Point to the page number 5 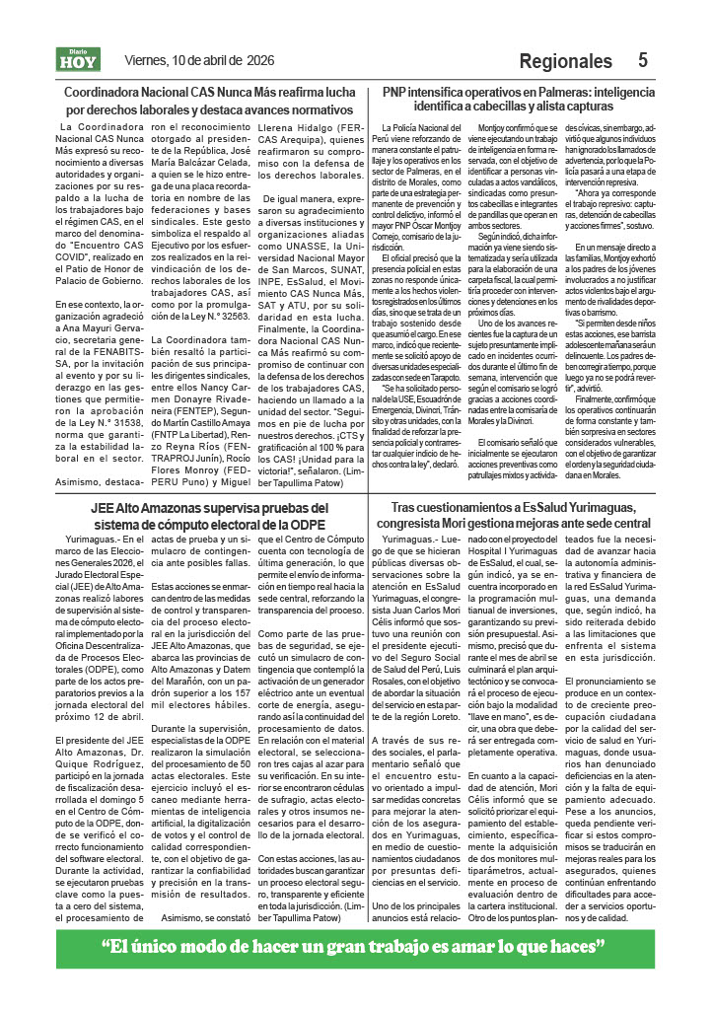(642, 60)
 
